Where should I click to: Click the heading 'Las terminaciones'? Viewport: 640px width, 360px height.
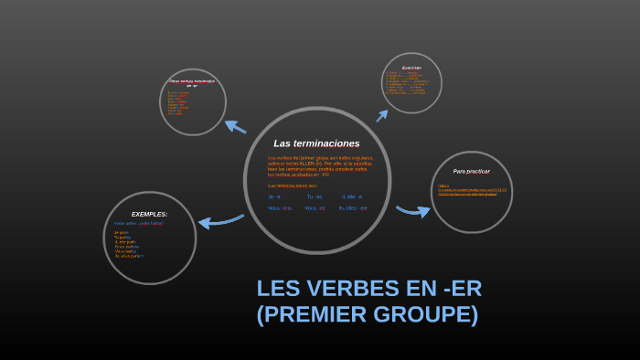(316, 143)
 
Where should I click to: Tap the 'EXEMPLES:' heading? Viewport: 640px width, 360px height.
(149, 214)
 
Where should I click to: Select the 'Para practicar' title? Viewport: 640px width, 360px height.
(471, 171)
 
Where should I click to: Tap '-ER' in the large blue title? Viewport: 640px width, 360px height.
(461, 289)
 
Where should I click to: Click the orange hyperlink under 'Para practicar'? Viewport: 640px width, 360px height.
(467, 191)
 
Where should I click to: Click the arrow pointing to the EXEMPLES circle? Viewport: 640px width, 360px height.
(220, 220)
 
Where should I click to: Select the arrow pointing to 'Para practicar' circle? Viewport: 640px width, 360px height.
(412, 211)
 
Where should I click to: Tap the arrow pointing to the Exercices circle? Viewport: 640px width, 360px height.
(382, 115)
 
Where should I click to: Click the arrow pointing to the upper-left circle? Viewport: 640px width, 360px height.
(235, 127)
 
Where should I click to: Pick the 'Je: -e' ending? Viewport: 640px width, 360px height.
(274, 196)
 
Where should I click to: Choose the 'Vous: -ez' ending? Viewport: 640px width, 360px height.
(315, 208)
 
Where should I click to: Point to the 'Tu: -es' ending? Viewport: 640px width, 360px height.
(314, 196)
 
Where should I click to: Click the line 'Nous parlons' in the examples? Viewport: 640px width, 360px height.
(126, 246)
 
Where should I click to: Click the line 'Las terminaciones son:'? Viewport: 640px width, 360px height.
(292, 185)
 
